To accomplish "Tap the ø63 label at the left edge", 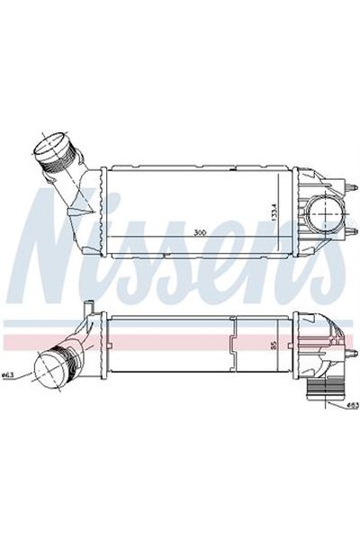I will point(7,376).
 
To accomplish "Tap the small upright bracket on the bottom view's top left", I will point(87,311).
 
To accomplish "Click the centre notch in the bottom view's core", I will point(231,343).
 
